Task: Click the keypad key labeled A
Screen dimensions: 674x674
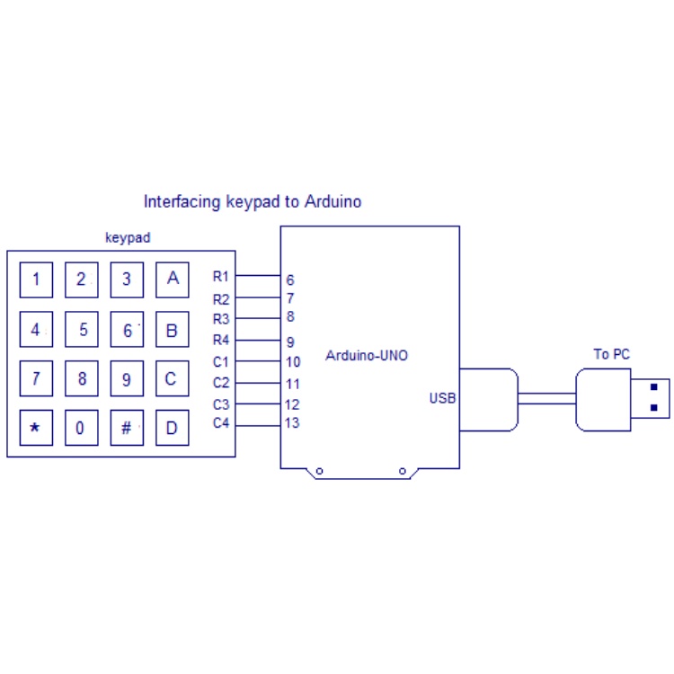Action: point(173,279)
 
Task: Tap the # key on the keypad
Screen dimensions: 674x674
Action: point(127,428)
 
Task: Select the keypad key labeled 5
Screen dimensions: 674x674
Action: point(82,329)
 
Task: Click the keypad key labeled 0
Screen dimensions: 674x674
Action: point(81,428)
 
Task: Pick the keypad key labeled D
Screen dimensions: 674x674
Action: point(173,428)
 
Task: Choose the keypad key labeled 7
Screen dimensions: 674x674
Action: point(36,378)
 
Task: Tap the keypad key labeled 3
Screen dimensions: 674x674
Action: point(127,279)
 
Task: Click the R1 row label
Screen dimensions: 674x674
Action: point(221,276)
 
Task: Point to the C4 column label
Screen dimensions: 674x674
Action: point(221,423)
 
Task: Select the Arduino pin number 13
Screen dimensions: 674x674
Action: point(292,424)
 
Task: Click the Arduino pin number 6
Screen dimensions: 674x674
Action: point(290,280)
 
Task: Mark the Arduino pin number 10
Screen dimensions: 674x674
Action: point(293,362)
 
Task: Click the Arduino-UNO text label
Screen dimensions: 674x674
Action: point(367,356)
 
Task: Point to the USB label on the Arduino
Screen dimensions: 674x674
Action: point(442,398)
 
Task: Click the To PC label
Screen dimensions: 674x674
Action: point(611,354)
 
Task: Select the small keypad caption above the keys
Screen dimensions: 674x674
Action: point(128,238)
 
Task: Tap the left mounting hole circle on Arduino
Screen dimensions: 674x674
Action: point(319,471)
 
